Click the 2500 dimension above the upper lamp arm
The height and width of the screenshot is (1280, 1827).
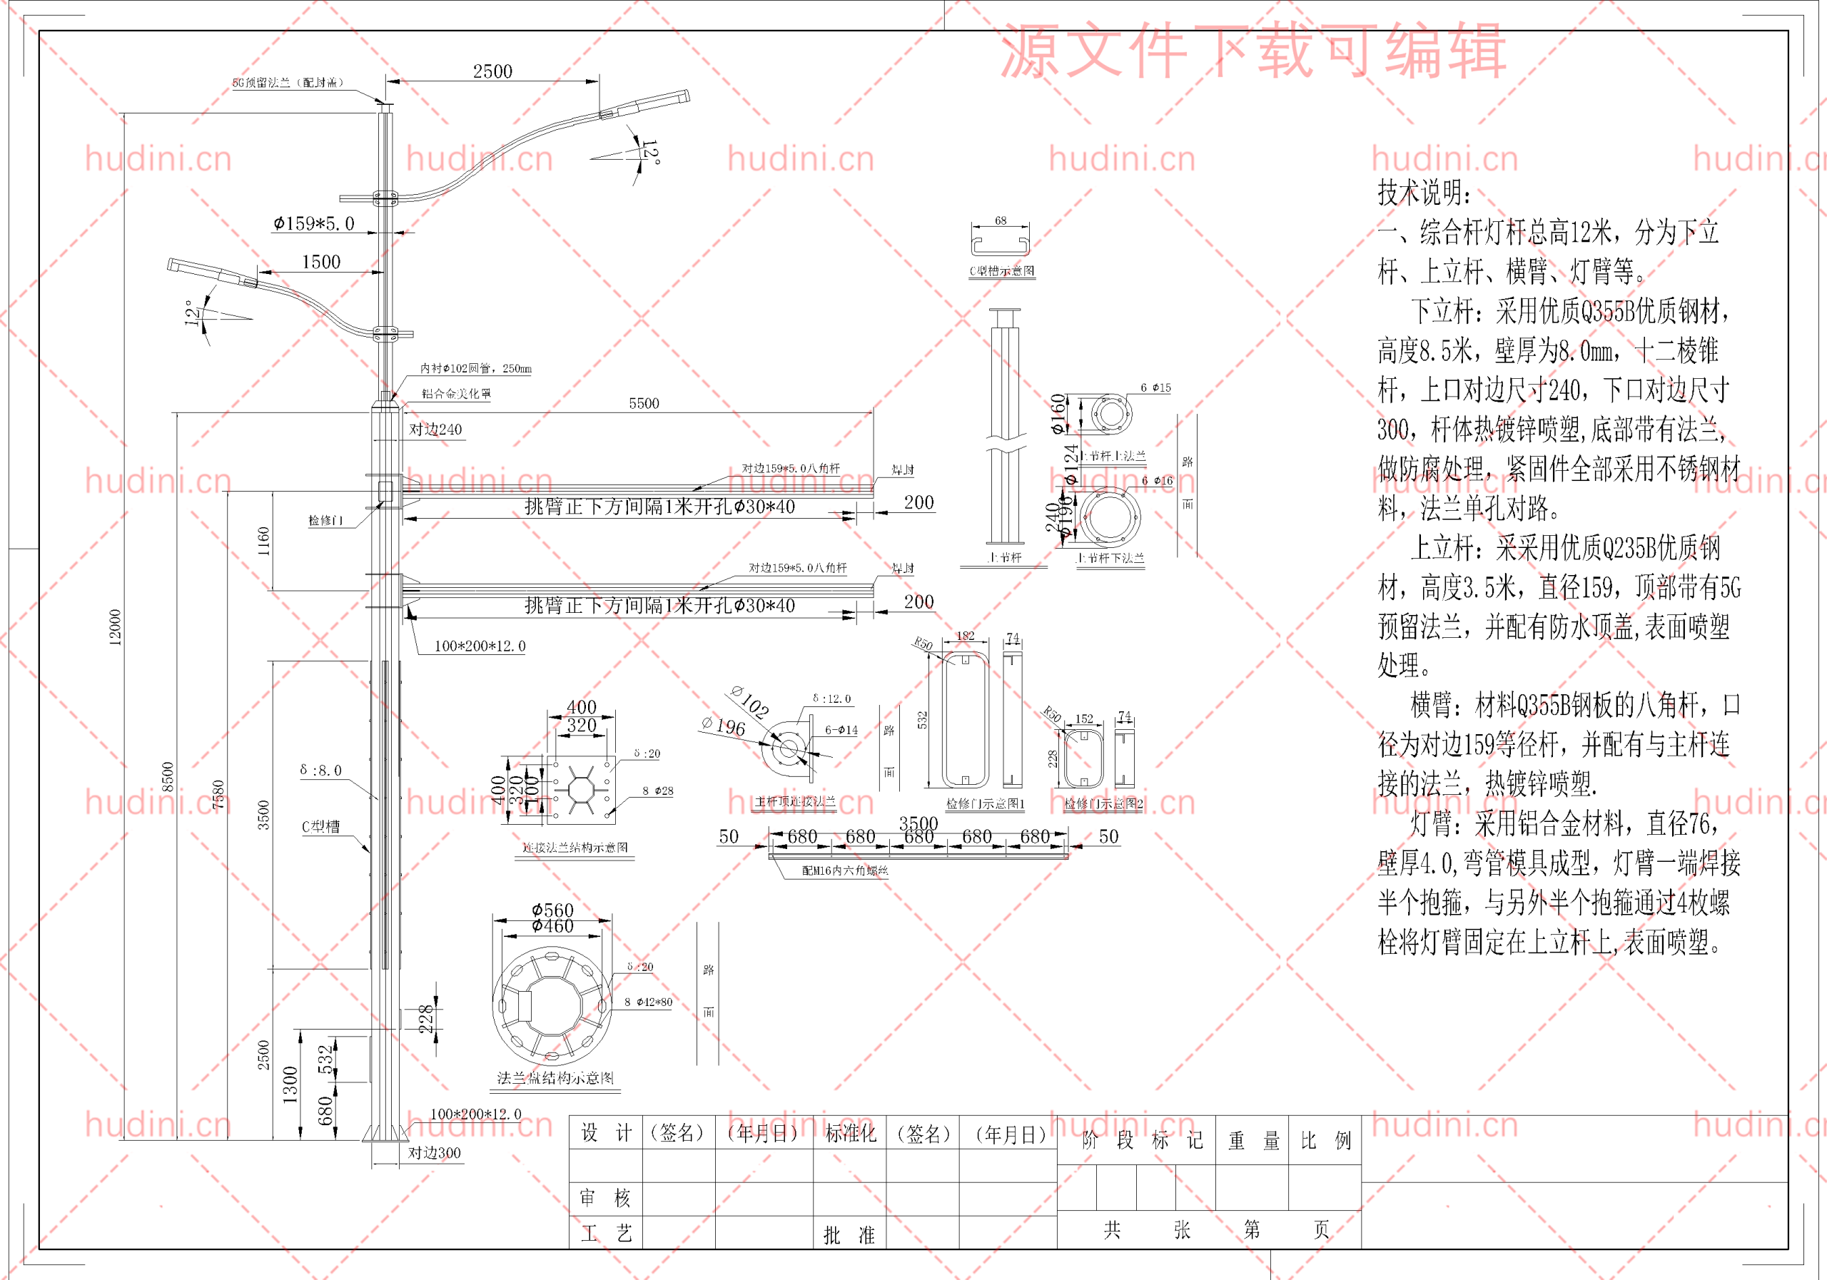pos(492,71)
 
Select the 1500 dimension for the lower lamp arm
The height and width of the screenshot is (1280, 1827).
pos(320,263)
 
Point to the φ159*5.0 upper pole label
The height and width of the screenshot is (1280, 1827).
pos(313,224)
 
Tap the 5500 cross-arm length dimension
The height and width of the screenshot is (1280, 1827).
pos(644,403)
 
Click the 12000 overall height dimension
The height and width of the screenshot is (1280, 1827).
pos(116,628)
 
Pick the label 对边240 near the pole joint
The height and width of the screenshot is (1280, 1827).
pos(435,430)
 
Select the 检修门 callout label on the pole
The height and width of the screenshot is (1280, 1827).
pos(326,520)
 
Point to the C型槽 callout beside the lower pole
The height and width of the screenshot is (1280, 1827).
pos(320,826)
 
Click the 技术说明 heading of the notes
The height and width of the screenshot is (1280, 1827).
pos(1424,193)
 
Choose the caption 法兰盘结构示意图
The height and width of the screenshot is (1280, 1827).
pos(555,1078)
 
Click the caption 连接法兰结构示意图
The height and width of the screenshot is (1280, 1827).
pos(575,847)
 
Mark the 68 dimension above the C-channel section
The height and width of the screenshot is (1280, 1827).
pos(1001,220)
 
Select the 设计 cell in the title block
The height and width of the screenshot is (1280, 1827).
pos(606,1133)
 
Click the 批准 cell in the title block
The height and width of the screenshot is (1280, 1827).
pos(849,1234)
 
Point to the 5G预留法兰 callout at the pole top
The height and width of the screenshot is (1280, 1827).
pos(288,83)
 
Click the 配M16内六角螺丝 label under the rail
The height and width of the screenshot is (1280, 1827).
pos(845,870)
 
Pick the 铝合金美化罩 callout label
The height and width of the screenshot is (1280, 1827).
pos(456,394)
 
